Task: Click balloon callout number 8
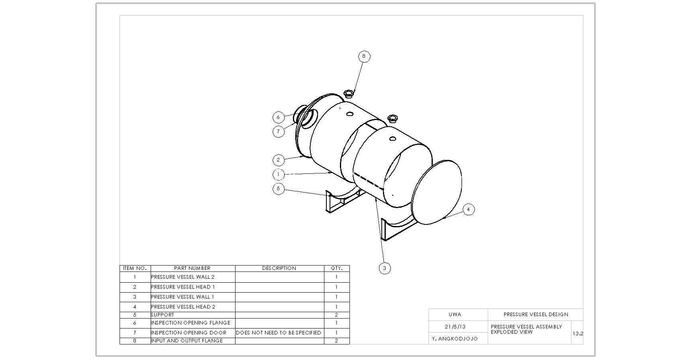pyautogui.click(x=364, y=57)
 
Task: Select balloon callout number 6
pyautogui.click(x=279, y=117)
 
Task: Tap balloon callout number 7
pyautogui.click(x=279, y=131)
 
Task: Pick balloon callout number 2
pyautogui.click(x=279, y=160)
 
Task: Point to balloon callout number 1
pyautogui.click(x=279, y=174)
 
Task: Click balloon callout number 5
pyautogui.click(x=279, y=189)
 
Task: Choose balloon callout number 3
pyautogui.click(x=385, y=268)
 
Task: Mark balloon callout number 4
pyautogui.click(x=469, y=209)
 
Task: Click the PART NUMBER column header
pyautogui.click(x=192, y=268)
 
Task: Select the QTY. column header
pyautogui.click(x=336, y=268)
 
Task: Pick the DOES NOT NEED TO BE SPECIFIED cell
pyautogui.click(x=279, y=332)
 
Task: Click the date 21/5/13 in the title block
pyautogui.click(x=455, y=327)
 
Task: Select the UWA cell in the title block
pyautogui.click(x=455, y=315)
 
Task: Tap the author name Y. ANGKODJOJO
pyautogui.click(x=455, y=339)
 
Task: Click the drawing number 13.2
pyautogui.click(x=578, y=334)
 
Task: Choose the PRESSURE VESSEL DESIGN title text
pyautogui.click(x=536, y=315)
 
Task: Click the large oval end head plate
pyautogui.click(x=436, y=192)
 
